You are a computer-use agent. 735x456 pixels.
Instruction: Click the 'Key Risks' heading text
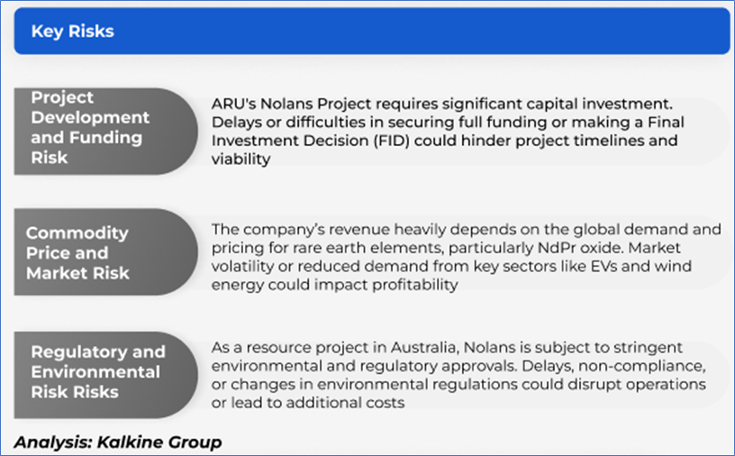[x=73, y=31]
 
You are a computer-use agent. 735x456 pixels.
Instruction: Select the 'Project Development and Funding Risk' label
[x=90, y=127]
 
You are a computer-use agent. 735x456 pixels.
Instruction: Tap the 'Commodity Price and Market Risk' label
[x=77, y=252]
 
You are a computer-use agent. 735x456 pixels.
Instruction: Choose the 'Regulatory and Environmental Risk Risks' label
[x=98, y=371]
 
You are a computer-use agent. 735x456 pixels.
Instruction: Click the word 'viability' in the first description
[x=240, y=159]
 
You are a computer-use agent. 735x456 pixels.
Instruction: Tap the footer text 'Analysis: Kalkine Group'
[x=118, y=442]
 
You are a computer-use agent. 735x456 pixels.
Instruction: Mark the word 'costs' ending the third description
[x=386, y=403]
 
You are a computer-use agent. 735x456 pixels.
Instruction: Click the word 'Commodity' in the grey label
[x=77, y=233]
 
